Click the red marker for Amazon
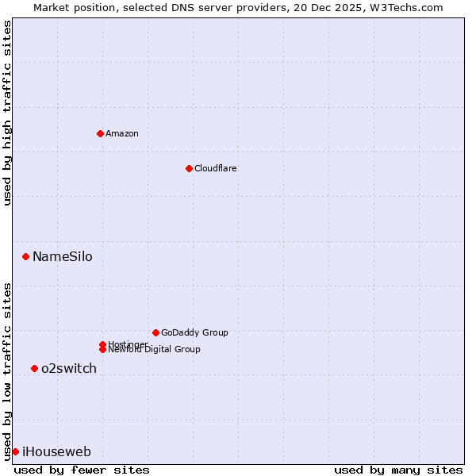click(x=100, y=133)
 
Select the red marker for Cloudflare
click(x=189, y=168)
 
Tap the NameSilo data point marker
click(x=26, y=256)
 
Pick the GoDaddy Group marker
click(x=155, y=332)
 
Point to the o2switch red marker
click(x=34, y=368)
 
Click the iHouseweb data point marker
click(x=15, y=451)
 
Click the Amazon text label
click(x=122, y=133)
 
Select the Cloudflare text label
click(x=216, y=168)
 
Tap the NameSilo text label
click(x=62, y=256)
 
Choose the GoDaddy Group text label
click(x=194, y=332)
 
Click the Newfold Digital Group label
click(x=154, y=349)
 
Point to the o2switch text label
click(x=69, y=368)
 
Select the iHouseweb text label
click(x=56, y=452)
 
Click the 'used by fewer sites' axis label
click(x=82, y=470)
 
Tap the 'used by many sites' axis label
click(x=398, y=470)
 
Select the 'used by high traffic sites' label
click(x=7, y=113)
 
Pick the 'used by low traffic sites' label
click(x=7, y=370)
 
